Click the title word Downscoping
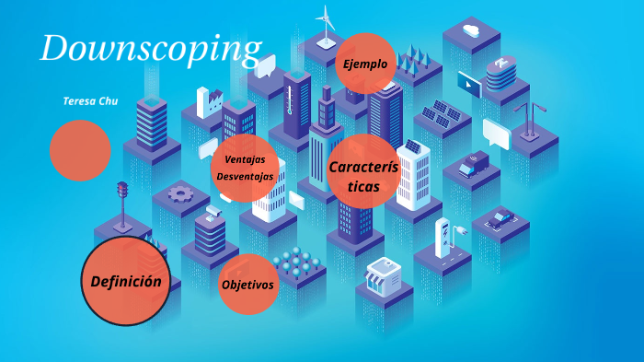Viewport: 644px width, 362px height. point(150,50)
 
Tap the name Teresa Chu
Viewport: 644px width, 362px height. point(90,100)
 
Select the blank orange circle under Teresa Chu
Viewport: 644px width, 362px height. point(80,150)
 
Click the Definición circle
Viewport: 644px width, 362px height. point(126,281)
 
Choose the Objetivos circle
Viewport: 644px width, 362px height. point(247,285)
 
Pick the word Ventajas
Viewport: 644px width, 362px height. point(245,159)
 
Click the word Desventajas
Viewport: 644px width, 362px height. point(245,176)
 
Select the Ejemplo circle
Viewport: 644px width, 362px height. point(366,64)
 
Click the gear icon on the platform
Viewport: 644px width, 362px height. point(180,193)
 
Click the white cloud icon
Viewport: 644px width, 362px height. point(472,30)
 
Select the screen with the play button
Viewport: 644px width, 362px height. point(469,85)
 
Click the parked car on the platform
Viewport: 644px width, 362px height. point(500,219)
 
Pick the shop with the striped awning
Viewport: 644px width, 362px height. point(385,273)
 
